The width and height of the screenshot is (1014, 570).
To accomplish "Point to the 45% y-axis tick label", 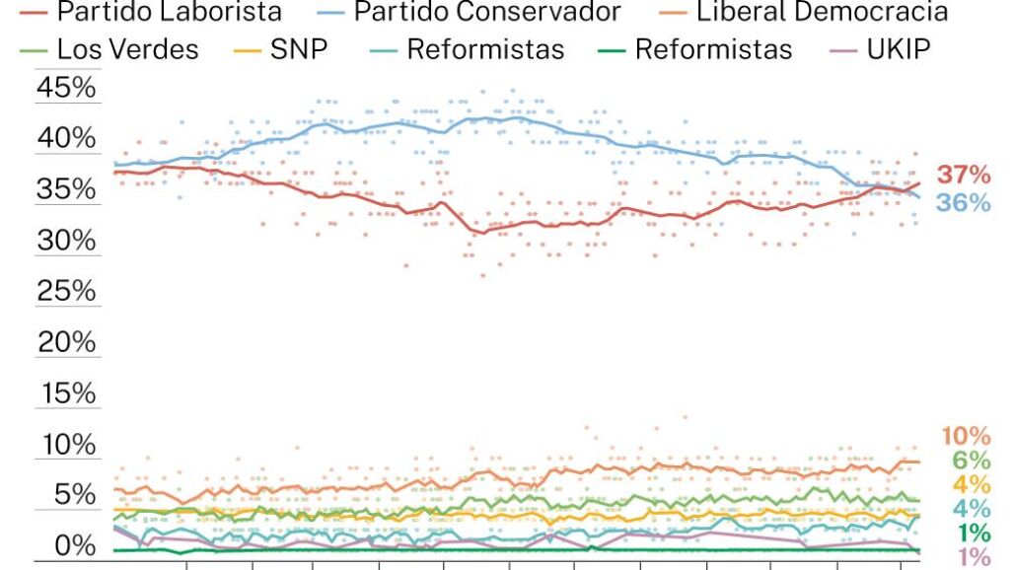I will click(x=66, y=89).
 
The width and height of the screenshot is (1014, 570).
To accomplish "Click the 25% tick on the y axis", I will click(x=66, y=292).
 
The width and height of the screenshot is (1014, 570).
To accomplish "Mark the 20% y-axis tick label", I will click(x=66, y=343).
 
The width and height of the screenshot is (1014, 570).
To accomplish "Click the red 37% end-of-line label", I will click(x=964, y=176).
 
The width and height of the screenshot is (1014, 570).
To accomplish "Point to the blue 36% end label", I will click(x=964, y=203).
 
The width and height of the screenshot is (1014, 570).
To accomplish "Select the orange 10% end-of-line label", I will click(x=966, y=436).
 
